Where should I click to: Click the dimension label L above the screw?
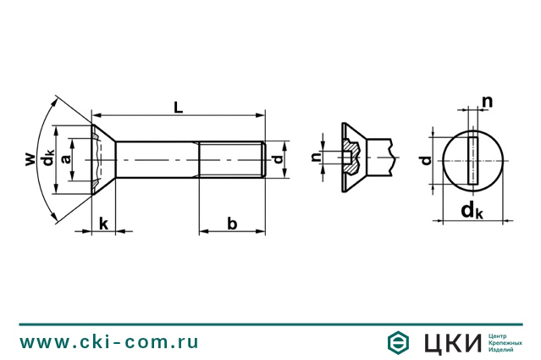pos(178,108)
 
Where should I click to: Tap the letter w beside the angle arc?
pos(30,159)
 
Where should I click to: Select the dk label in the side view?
pos(47,157)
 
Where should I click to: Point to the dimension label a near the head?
pos(66,158)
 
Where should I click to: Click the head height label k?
pos(103,224)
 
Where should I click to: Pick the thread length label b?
pos(232,224)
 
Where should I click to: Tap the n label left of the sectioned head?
pos(316,158)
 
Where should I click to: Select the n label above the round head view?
pos(487,102)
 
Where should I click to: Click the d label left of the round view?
pos(427,160)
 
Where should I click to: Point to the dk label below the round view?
pos(472,211)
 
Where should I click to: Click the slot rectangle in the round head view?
pos(472,160)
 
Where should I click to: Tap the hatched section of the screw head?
pos(352,157)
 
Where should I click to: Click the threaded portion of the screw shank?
pos(231,159)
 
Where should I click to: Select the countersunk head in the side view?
pos(103,159)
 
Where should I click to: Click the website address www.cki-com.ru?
pos(109,342)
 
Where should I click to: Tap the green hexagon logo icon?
pos(398,342)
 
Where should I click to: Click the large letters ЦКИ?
pos(452,343)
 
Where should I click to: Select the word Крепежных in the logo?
pos(505,343)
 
